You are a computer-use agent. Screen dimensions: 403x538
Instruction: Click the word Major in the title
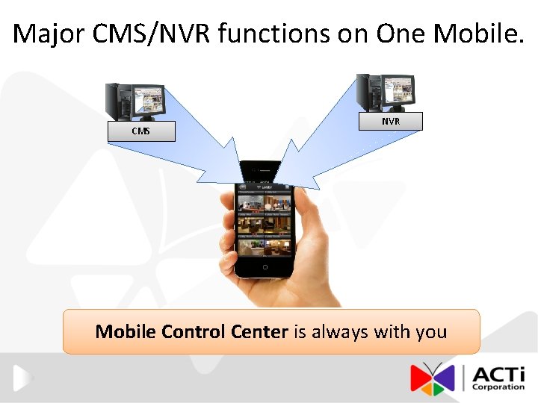(x=50, y=34)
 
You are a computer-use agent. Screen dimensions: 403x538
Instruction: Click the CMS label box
(x=140, y=131)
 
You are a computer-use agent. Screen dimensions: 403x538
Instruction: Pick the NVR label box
(x=390, y=121)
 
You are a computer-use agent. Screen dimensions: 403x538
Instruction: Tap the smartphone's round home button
(x=265, y=266)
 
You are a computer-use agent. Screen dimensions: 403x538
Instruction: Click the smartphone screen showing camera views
(x=265, y=221)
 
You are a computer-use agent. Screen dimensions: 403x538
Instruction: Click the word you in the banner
(x=431, y=331)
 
